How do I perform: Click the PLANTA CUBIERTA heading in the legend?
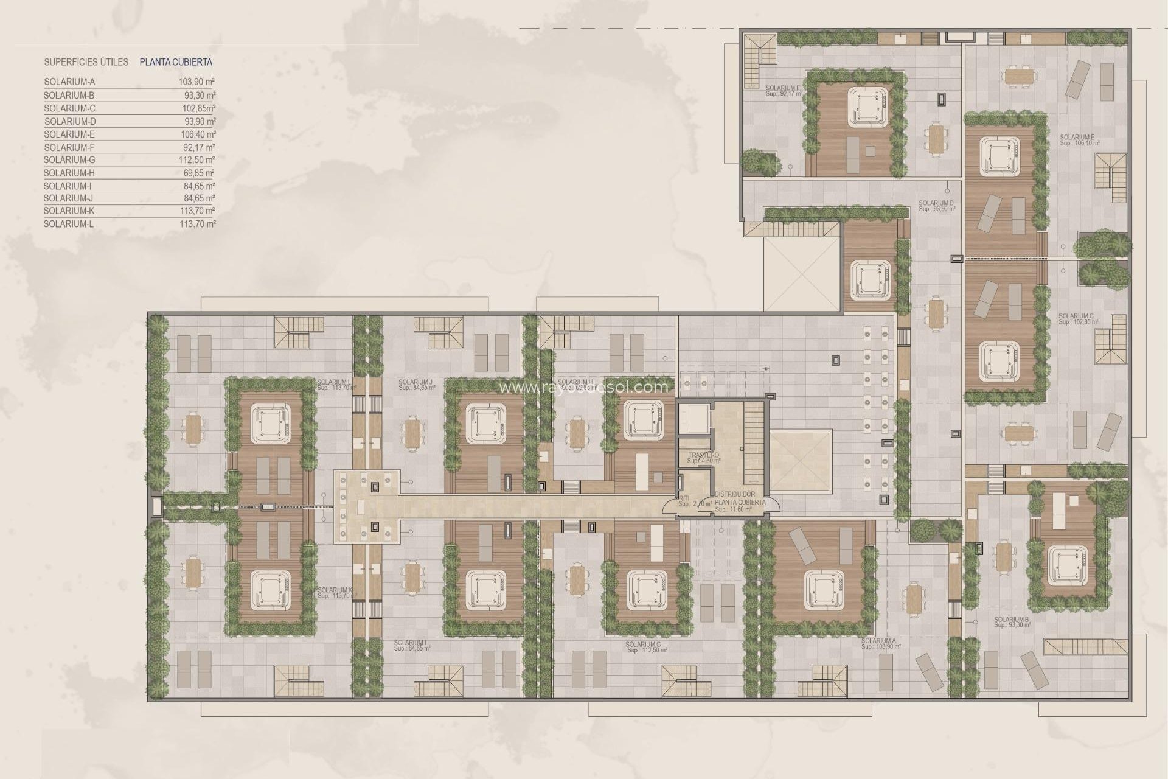176,62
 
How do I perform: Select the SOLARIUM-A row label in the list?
69,82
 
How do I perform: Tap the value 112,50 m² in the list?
201,160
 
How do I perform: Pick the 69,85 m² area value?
201,173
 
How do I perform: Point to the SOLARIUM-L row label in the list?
69,224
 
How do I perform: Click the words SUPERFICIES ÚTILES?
86,62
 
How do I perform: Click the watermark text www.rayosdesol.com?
583,386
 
